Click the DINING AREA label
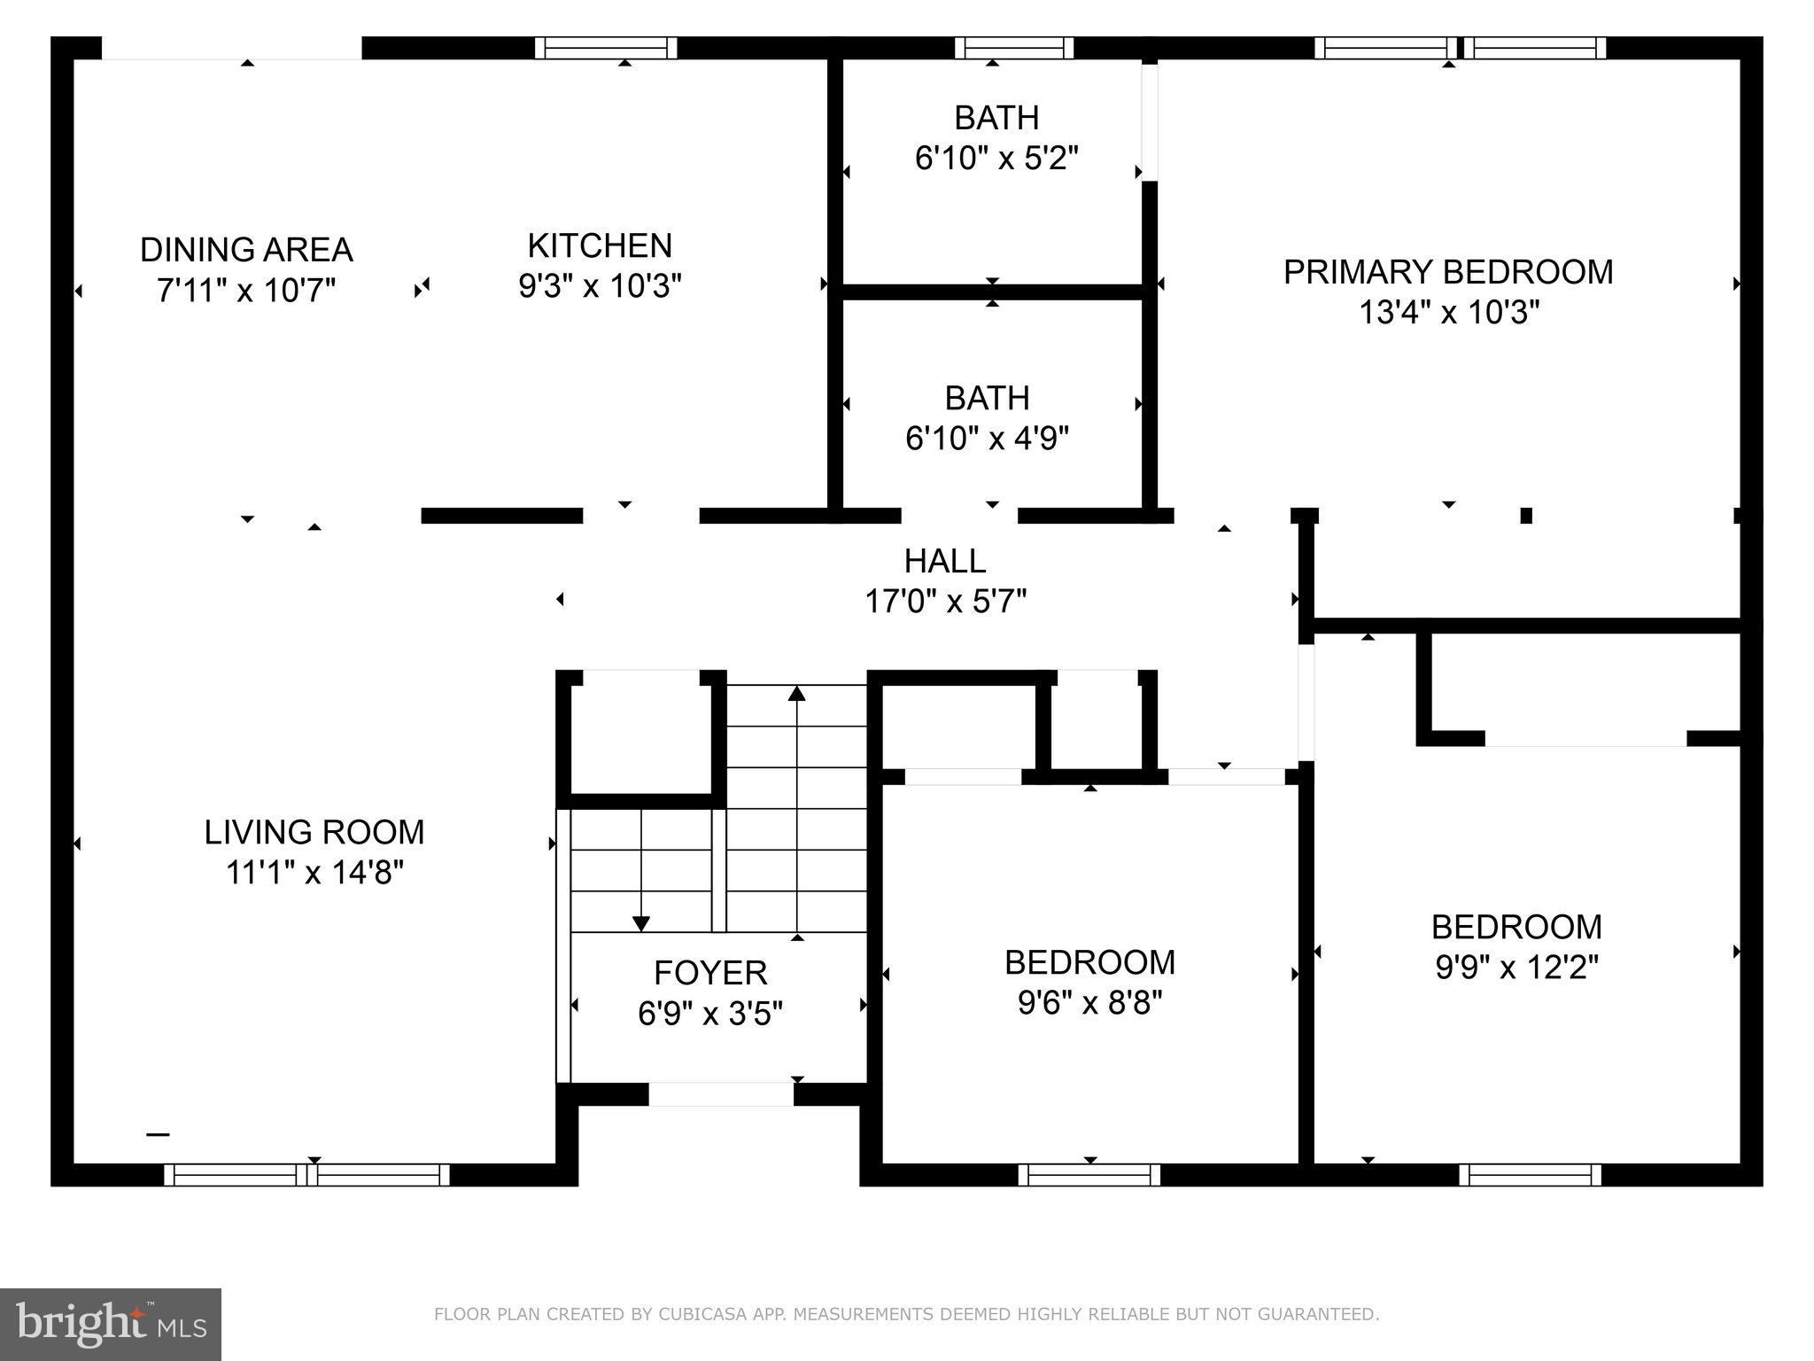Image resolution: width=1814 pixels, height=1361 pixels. coord(246,250)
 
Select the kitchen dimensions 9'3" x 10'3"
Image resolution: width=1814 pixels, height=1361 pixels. coord(600,286)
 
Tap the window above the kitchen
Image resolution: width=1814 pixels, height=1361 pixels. coord(607,48)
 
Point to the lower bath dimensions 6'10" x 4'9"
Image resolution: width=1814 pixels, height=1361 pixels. coord(987,439)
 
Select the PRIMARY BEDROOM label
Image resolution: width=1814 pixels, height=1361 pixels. coord(1448,272)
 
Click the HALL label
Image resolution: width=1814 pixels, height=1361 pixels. coord(944,561)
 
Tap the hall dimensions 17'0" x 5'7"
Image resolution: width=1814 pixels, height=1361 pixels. coord(944,602)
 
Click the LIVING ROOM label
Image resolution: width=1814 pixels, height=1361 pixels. coord(314,832)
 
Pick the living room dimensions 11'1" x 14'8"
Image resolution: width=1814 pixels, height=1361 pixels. coord(314,873)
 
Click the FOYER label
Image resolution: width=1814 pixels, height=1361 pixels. coord(709,973)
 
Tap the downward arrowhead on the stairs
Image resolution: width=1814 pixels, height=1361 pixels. coord(641,923)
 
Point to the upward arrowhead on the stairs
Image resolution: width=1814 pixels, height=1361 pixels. coord(797,694)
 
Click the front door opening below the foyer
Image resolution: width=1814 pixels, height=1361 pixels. coord(721,1094)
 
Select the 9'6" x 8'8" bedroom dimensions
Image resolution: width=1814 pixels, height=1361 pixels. coord(1089,1003)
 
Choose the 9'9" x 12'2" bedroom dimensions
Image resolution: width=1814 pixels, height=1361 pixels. coord(1516,968)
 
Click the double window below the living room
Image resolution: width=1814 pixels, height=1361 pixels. coord(307,1175)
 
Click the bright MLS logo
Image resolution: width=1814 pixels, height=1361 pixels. coord(111,1324)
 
